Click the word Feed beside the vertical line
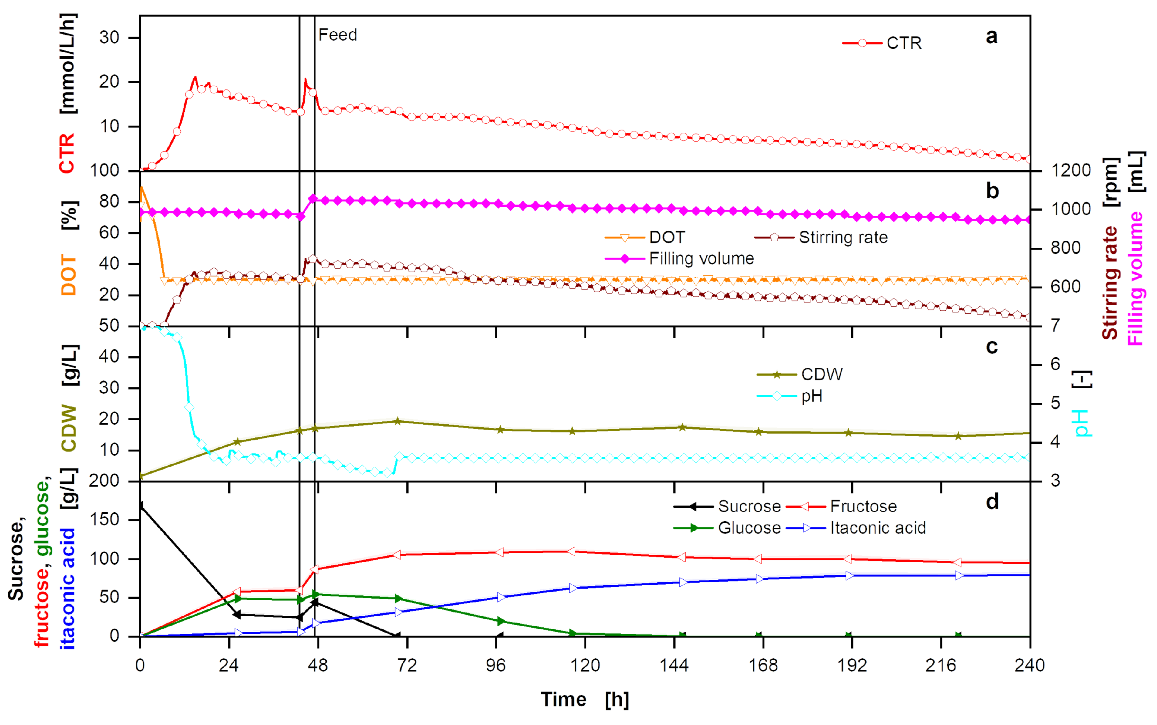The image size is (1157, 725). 337,35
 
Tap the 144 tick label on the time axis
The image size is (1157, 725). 674,665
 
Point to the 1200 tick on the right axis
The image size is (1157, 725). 1071,170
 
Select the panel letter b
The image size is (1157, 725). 992,191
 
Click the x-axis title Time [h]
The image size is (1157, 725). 585,700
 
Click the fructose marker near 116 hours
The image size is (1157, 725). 571,551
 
